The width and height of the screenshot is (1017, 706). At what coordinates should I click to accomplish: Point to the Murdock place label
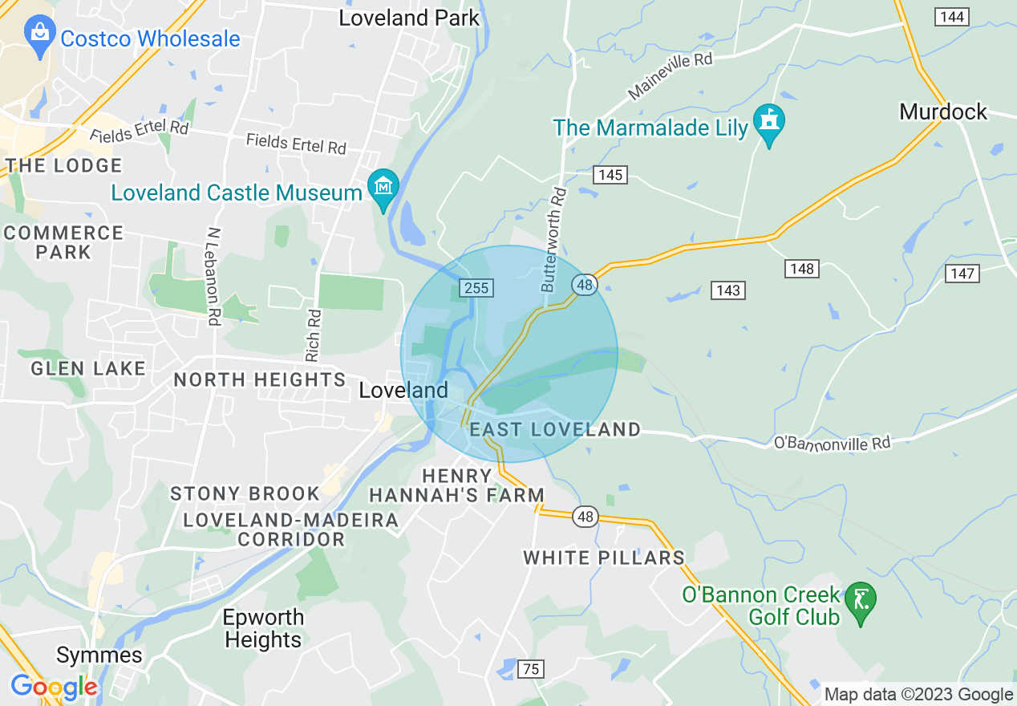tap(943, 112)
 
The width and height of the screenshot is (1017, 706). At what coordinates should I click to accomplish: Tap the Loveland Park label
tap(409, 18)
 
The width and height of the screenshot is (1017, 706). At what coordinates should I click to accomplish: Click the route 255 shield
tap(477, 287)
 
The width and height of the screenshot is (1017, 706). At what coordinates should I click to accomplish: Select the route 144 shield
tap(952, 16)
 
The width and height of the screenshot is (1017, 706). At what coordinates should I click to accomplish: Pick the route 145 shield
tap(610, 175)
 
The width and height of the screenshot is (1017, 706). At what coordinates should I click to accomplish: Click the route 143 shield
tap(727, 290)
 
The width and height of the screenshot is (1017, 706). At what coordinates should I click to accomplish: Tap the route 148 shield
tap(802, 269)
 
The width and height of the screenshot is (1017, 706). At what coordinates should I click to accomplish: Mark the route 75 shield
tap(530, 669)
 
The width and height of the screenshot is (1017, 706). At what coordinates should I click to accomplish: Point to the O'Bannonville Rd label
tap(832, 443)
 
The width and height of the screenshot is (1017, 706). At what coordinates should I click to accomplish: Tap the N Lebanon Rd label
tap(213, 276)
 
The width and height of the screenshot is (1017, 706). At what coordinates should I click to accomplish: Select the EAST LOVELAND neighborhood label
tap(555, 430)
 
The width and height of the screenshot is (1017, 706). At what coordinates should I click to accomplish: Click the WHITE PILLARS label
tap(604, 558)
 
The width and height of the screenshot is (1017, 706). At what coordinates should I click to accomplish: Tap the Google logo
tap(54, 687)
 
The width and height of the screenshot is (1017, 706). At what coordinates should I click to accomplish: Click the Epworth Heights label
tap(263, 629)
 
